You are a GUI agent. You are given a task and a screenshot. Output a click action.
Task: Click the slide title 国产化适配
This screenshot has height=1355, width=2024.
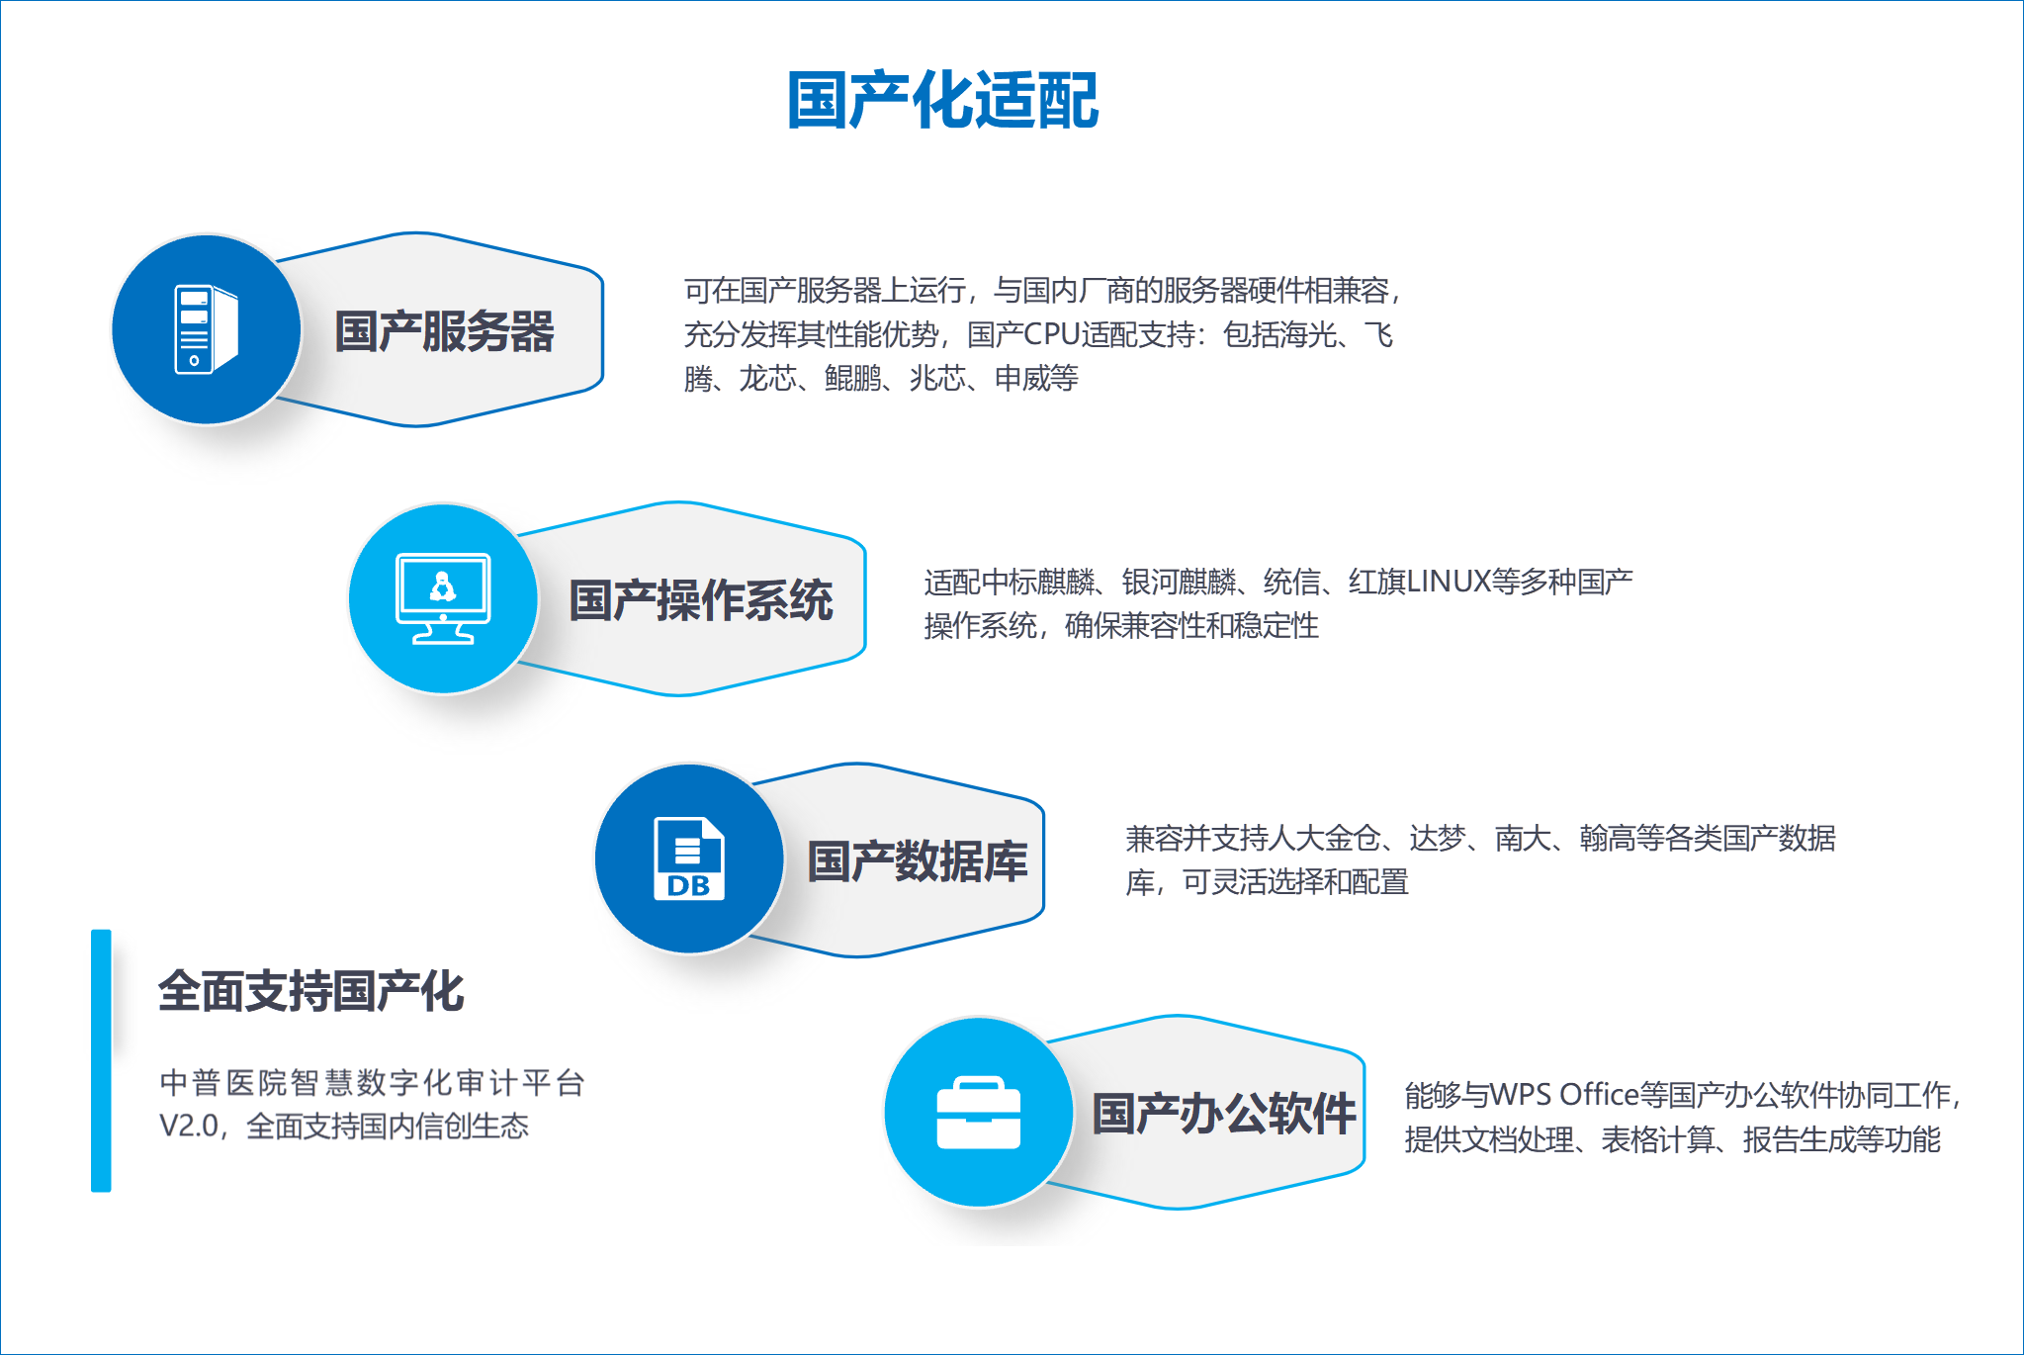942,100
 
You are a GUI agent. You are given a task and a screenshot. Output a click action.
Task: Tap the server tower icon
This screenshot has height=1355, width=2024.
207,329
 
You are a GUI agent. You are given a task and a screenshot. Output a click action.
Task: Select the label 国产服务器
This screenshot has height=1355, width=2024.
444,331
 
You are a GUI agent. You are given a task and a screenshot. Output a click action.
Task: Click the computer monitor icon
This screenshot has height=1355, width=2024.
443,598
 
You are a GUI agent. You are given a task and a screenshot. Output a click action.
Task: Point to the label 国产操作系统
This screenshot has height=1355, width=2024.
701,600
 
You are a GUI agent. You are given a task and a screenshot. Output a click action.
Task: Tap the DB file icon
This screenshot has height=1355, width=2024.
689,858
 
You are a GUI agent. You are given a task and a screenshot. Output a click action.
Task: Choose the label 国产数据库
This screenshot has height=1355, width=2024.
918,860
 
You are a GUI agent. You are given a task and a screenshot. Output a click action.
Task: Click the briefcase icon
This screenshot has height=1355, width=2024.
978,1113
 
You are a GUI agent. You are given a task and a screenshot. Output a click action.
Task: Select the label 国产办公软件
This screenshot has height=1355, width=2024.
1223,1114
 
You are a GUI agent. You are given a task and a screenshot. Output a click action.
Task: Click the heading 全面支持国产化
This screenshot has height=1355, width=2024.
310,991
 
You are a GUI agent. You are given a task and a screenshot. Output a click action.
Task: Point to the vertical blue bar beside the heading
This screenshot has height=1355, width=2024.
101,1060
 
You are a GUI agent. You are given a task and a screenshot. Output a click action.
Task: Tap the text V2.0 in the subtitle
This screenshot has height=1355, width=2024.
189,1126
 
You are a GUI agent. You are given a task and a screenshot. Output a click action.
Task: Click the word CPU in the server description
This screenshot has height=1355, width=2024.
1052,334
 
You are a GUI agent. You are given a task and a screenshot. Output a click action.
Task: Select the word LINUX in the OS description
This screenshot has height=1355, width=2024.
1449,581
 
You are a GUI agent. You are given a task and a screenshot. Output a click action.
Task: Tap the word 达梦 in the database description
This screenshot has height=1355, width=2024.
1438,838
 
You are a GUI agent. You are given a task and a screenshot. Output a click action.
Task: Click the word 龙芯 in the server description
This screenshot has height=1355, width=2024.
767,378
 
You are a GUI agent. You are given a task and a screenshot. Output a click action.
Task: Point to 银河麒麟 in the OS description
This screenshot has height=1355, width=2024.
1179,581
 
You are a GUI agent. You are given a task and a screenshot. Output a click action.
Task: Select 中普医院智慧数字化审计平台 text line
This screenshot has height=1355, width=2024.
372,1082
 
